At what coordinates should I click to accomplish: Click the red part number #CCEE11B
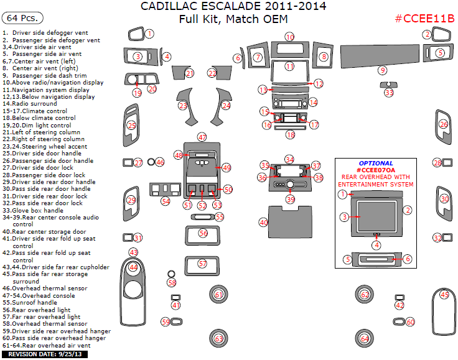coord(424,18)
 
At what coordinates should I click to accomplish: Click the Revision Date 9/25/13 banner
coord(45,354)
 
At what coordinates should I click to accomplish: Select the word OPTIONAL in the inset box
coord(376,163)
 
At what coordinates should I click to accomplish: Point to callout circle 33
coord(389,93)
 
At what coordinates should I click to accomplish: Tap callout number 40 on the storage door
coord(264,222)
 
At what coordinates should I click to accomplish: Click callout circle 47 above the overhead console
coord(202,137)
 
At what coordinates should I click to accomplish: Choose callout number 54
coord(166,201)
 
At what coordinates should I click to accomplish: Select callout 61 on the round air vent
coord(218,294)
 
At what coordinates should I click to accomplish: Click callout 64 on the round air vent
coord(365,339)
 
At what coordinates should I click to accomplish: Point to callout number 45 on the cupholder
coord(444,294)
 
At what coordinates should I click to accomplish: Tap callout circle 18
coord(290,134)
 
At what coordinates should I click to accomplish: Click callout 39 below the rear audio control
coord(290,200)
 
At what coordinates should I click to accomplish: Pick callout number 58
coord(172,282)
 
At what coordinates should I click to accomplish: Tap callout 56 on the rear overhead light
coord(203,233)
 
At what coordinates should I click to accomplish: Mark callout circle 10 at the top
coord(290,37)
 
